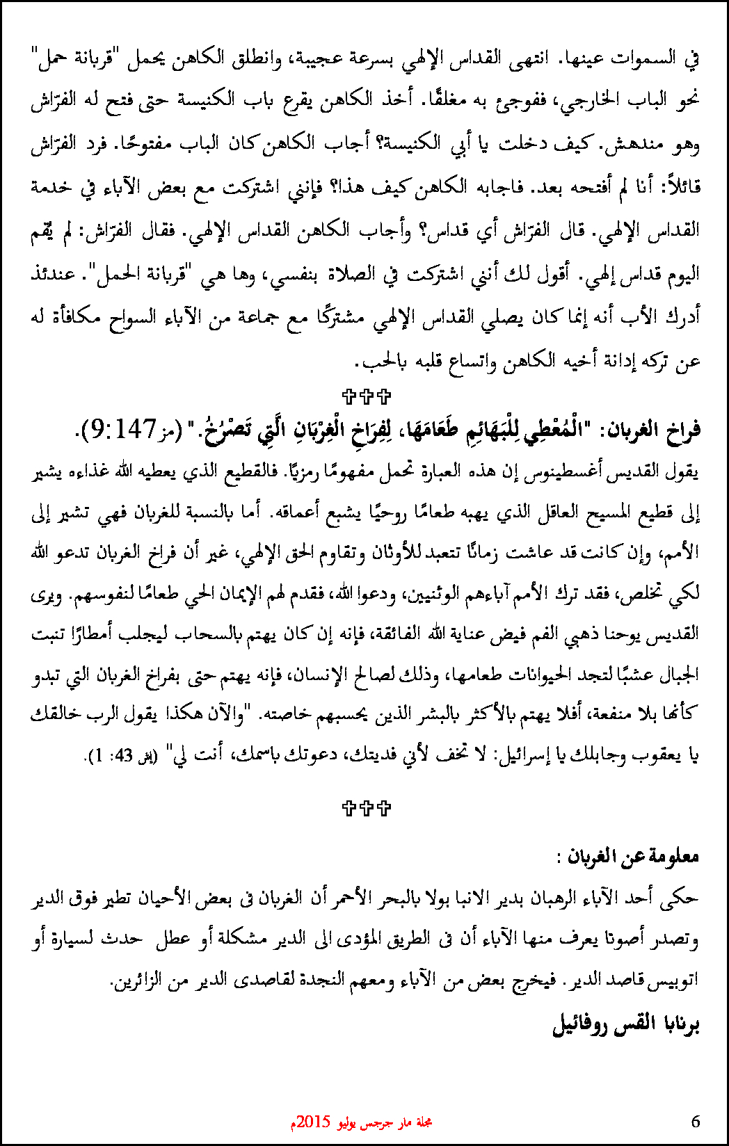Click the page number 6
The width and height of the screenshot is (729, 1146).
click(696, 1121)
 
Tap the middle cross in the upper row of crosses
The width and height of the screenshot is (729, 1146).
click(367, 397)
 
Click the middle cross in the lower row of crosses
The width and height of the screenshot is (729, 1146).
click(367, 807)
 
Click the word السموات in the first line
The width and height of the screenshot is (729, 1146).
click(633, 58)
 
